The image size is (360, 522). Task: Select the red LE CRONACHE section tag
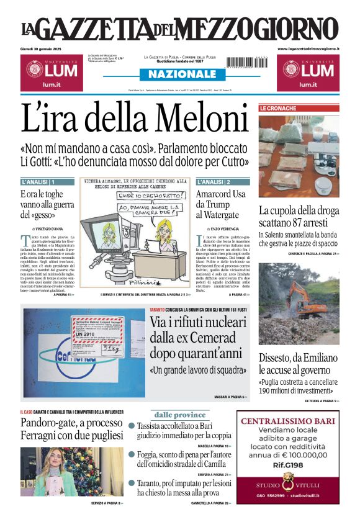coord(277,108)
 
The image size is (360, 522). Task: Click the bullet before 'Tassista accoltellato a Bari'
coord(132,426)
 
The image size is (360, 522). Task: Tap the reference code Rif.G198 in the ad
coord(288,464)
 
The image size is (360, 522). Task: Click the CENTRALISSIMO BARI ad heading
coord(288,422)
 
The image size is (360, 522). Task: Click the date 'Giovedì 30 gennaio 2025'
coord(45,48)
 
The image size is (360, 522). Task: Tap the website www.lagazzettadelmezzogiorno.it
coord(308,48)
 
